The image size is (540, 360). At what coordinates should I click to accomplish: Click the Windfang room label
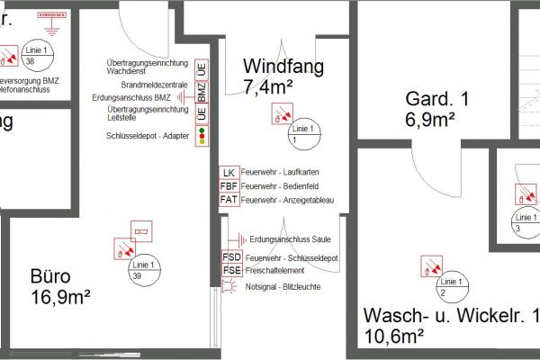coord(283,67)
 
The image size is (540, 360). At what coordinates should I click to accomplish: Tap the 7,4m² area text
coord(270,86)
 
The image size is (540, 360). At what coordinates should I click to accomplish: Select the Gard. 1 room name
coord(437,98)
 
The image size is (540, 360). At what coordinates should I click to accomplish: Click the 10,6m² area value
coord(394,337)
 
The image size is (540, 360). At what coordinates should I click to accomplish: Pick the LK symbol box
coord(229,172)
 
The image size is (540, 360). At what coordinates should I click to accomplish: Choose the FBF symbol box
coord(229,185)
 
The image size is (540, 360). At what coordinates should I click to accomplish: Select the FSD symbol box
coord(231,258)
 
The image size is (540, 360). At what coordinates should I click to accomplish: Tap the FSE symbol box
coord(231,271)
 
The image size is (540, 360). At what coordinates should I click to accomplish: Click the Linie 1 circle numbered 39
coord(138,271)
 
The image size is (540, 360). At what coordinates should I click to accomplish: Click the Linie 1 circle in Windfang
coord(303,134)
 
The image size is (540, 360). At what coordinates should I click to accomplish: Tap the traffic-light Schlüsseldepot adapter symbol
coord(202,135)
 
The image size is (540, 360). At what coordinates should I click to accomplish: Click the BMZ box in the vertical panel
coord(202,92)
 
